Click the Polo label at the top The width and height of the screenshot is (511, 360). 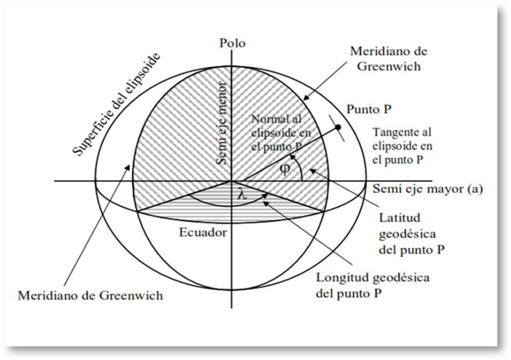click(x=232, y=43)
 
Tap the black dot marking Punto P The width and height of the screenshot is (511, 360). click(x=338, y=127)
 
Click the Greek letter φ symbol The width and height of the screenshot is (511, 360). click(x=285, y=169)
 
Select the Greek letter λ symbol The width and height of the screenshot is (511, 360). click(x=242, y=194)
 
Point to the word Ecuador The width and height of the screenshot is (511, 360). click(x=202, y=232)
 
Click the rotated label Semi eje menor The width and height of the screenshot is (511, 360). click(x=222, y=123)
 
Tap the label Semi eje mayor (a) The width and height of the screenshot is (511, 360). click(x=428, y=189)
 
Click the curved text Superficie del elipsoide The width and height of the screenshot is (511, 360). click(x=116, y=103)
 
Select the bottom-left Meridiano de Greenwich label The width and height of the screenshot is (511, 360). click(x=90, y=295)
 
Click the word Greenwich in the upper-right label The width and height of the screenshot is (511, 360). click(x=388, y=67)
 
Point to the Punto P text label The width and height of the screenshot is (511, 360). click(x=369, y=110)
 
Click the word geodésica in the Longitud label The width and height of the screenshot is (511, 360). click(x=400, y=278)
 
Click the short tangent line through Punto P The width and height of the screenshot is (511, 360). click(x=337, y=128)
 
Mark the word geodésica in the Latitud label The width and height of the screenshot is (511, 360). click(x=408, y=234)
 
